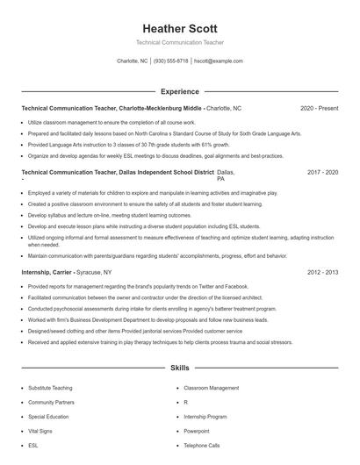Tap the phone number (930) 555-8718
(171, 61)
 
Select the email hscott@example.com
(219, 61)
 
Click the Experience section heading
(180, 91)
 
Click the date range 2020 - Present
(319, 108)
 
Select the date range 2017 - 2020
(322, 173)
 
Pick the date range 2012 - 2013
(322, 273)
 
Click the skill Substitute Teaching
(52, 388)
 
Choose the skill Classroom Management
(211, 388)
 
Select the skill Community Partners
(51, 402)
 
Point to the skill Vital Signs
(40, 431)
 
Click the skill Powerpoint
(197, 431)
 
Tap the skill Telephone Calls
(201, 446)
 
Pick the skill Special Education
(48, 417)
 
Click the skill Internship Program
(205, 417)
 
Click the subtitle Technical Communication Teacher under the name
(180, 42)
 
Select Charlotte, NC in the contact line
(133, 61)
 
